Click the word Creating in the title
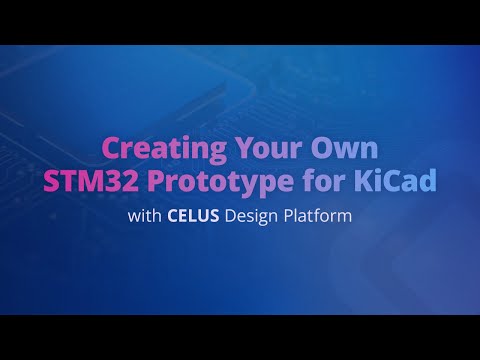click(163, 150)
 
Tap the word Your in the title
click(264, 150)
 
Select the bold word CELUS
click(192, 215)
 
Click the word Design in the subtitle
click(253, 215)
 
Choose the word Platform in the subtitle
click(320, 215)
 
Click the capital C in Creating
click(112, 150)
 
